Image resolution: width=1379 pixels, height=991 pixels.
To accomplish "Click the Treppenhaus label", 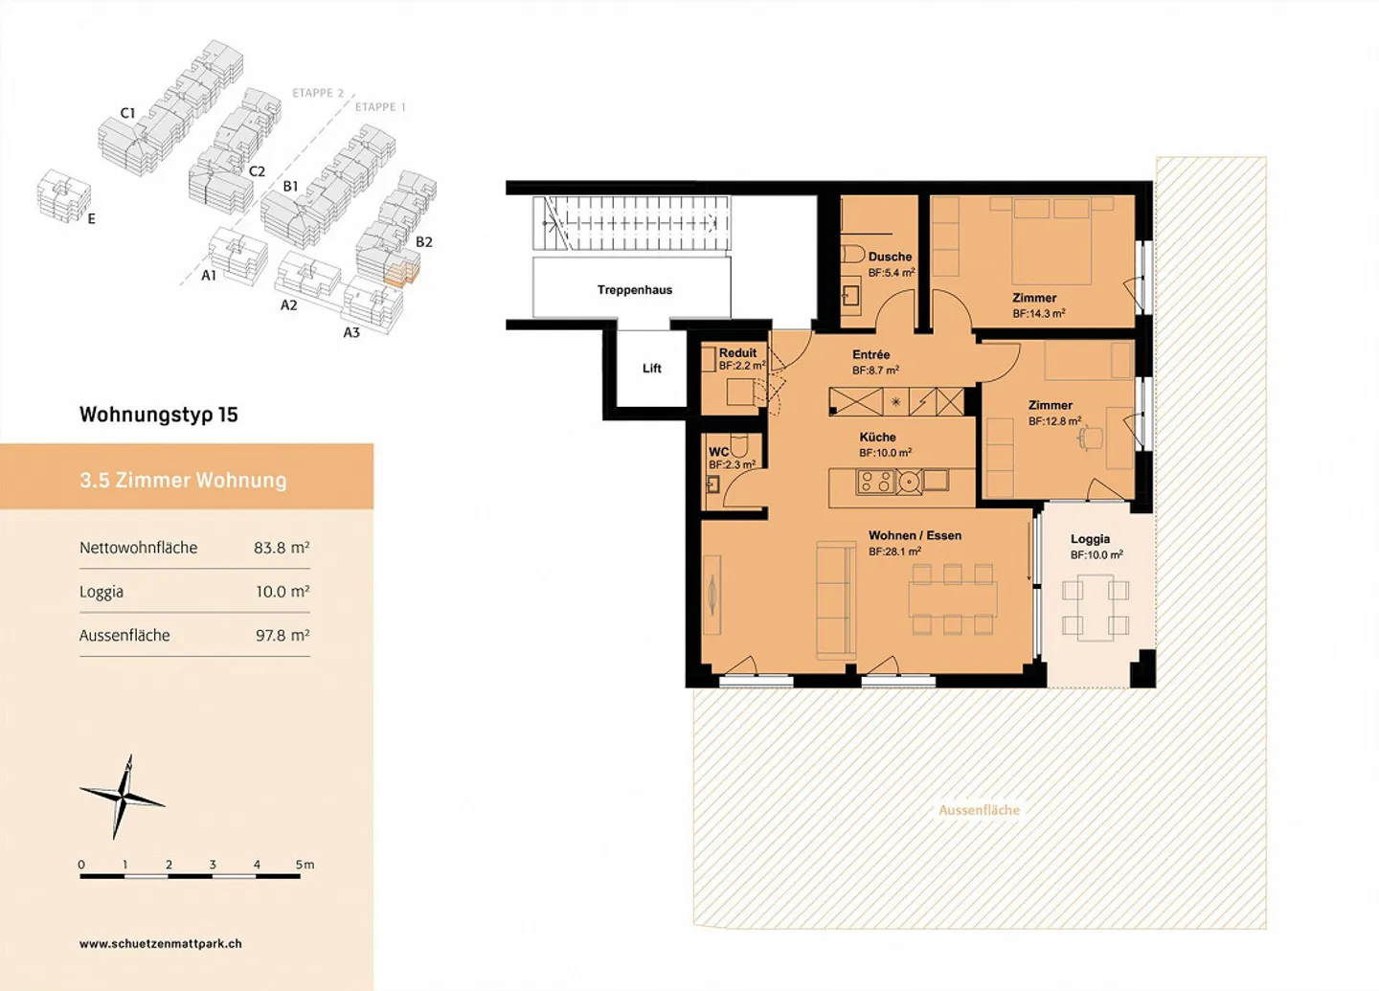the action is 634,290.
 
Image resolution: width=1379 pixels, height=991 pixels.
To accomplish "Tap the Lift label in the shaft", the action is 651,368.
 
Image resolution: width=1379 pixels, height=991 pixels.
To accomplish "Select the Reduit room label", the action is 737,352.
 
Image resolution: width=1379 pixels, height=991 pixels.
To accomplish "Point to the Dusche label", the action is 890,256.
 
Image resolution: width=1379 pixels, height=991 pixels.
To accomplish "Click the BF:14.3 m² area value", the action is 1038,313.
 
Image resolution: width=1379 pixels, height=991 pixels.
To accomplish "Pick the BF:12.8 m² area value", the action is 1054,421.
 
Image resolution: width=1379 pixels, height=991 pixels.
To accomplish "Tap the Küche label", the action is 877,437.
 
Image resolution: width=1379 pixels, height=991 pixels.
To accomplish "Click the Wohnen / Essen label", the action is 915,535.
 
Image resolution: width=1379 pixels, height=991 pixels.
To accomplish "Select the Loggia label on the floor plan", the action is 1090,539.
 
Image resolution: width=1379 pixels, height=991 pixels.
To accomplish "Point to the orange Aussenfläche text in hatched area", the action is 979,810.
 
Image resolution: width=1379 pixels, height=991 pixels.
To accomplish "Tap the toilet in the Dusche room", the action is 852,255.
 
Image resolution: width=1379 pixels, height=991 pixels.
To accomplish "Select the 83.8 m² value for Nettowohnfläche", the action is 282,548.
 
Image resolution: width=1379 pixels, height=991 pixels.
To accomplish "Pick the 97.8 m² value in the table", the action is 282,635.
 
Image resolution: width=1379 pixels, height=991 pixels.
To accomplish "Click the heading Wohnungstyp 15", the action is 158,415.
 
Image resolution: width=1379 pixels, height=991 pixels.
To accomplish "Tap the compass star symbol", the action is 123,798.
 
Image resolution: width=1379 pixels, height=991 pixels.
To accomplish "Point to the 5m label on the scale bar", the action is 305,865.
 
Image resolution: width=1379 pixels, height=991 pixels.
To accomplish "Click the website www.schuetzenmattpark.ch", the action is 161,944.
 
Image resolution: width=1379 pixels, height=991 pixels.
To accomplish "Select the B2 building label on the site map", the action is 423,241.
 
